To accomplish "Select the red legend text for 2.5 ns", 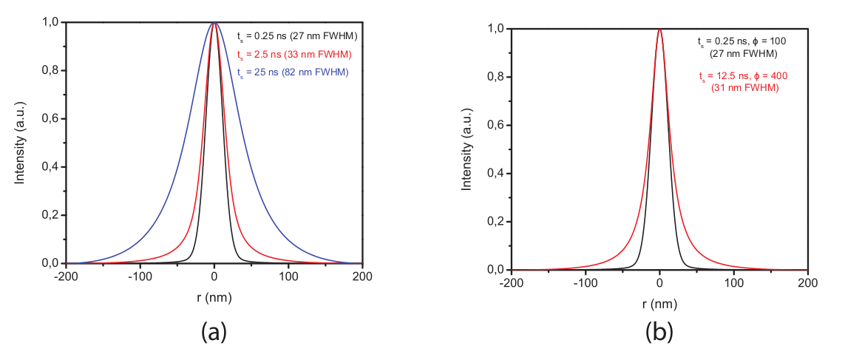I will (293, 54).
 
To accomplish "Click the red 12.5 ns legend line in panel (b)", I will (739, 76).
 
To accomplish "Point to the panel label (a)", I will (214, 332).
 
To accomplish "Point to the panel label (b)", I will (659, 332).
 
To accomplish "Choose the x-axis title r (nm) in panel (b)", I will (659, 303).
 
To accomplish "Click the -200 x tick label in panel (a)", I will (66, 277).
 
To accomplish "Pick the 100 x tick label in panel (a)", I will (288, 277).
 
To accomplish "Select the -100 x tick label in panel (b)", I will (586, 284).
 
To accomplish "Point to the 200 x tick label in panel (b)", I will (807, 284).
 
